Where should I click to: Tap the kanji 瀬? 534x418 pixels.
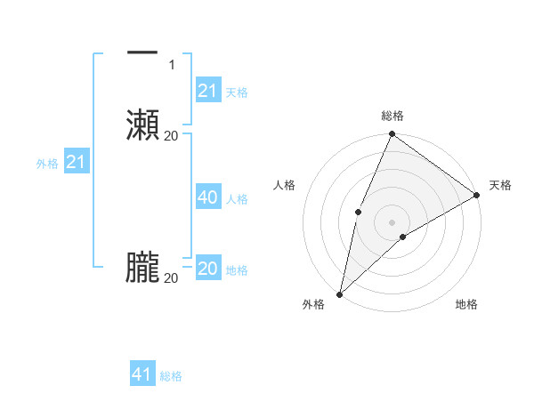[142, 125]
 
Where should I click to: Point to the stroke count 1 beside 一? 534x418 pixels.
[171, 65]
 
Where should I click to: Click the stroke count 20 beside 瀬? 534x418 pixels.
[171, 135]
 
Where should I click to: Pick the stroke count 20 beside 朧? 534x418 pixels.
[171, 278]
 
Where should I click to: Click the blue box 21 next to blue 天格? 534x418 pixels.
[207, 91]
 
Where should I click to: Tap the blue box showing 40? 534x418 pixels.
[207, 197]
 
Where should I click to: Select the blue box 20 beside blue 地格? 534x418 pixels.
[207, 269]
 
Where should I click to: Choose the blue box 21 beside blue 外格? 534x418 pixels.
[77, 163]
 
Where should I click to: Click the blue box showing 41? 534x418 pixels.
[142, 374]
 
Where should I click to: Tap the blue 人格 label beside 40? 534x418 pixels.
[238, 199]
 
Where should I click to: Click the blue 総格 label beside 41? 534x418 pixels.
[171, 376]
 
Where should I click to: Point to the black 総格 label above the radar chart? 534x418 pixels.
[392, 116]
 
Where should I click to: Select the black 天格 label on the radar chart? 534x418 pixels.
[500, 185]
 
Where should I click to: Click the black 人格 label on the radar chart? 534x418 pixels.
[284, 185]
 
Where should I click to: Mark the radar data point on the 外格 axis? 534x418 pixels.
[339, 293]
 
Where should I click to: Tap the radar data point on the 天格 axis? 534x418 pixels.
[477, 194]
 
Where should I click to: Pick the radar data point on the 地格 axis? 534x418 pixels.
[403, 237]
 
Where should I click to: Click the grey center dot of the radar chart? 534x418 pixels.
[392, 221]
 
